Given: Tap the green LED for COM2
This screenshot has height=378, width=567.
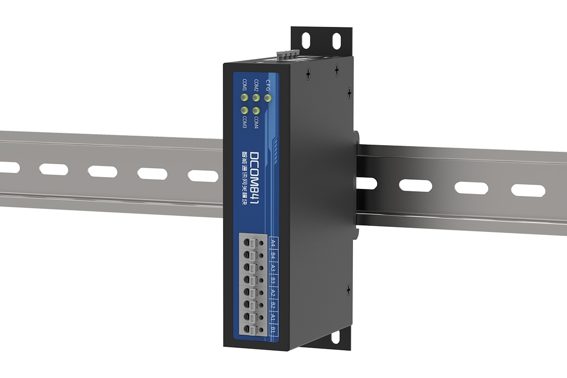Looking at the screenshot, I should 256,98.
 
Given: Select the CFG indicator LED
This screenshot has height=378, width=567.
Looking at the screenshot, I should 268,98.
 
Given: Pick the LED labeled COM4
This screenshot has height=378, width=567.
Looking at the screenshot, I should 256,111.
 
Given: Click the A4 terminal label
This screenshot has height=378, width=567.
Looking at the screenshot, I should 273,244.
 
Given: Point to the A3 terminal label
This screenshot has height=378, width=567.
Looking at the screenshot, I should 273,268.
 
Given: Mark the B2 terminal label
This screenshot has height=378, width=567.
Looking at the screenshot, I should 273,305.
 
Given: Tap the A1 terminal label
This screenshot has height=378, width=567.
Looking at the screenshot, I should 273,318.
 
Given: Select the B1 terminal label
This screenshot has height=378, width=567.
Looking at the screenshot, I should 273,329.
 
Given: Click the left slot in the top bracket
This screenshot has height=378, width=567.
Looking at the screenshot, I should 306,40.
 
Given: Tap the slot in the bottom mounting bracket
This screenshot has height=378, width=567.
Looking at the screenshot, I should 336,338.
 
